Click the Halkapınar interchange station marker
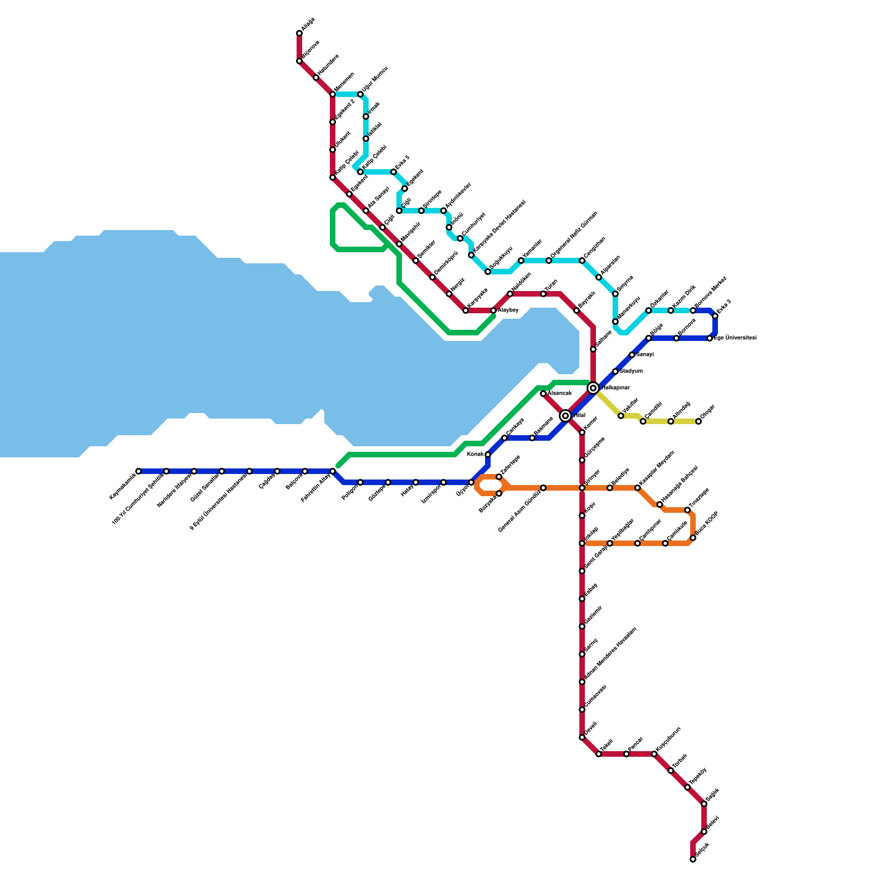tap(593, 388)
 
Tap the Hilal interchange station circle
tap(565, 416)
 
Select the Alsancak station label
tap(559, 393)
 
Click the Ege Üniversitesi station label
tap(735, 338)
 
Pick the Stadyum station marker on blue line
tap(615, 371)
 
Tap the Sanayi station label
tap(645, 354)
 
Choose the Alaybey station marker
tap(493, 310)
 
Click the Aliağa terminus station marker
tap(299, 33)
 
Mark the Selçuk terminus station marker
tap(693, 859)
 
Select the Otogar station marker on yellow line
tap(699, 421)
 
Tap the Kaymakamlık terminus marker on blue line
tap(139, 471)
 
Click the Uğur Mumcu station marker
tap(360, 94)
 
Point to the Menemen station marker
tap(333, 94)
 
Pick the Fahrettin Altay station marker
tap(333, 471)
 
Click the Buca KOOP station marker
tap(693, 538)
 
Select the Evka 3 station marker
tap(715, 316)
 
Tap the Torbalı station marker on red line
tap(671, 771)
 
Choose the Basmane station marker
tap(532, 438)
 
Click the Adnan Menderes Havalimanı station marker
tap(582, 682)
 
